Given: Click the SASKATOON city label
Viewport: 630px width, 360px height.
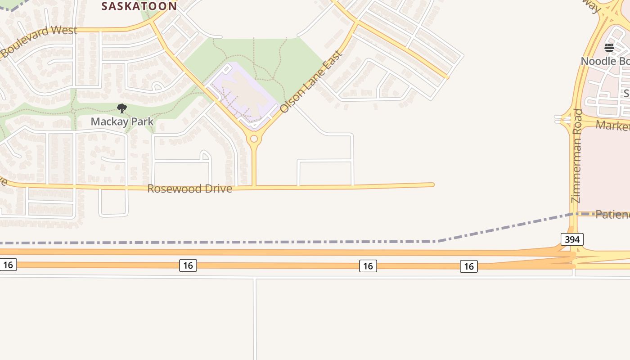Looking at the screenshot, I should click(139, 6).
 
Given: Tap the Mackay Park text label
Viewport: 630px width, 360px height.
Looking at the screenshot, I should click(122, 121).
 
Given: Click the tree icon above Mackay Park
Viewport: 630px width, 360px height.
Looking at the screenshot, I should click(121, 108).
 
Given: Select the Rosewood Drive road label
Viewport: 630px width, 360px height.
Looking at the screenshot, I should click(189, 189).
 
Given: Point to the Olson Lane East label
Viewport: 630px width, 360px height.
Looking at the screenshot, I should click(311, 82).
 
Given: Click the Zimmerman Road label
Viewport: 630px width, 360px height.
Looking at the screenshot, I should click(576, 156).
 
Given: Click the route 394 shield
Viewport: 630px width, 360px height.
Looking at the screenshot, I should click(572, 239).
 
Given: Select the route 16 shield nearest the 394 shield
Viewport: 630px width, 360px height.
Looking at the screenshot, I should click(468, 266).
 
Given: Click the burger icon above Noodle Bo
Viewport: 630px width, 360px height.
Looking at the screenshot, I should click(609, 48).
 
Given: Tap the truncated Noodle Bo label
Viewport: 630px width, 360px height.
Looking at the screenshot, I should click(605, 61).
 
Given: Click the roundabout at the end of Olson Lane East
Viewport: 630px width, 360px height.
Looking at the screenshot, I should click(254, 139).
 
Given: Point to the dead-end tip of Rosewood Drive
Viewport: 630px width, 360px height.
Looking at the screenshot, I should click(432, 184).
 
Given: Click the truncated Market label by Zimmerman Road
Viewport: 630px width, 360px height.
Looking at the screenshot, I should click(612, 125).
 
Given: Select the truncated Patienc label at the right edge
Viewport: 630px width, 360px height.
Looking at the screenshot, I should click(612, 214).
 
